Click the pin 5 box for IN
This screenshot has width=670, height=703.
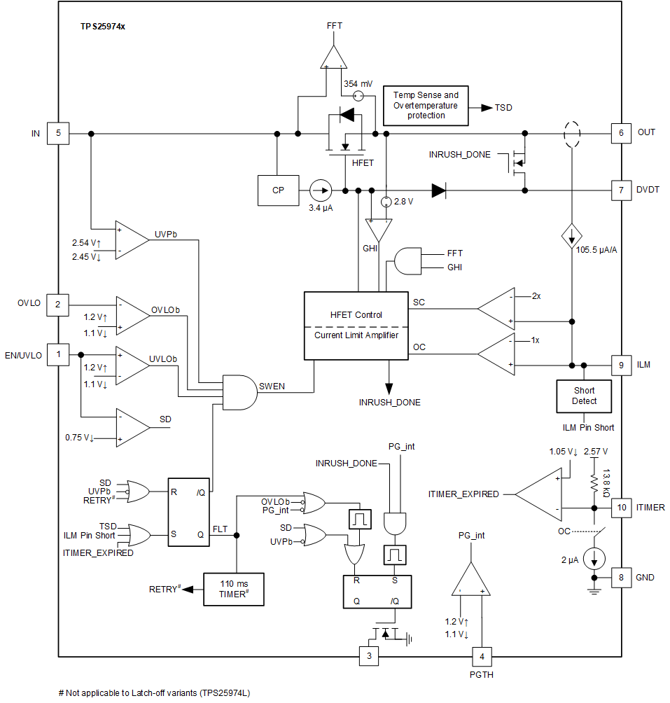[x=58, y=133]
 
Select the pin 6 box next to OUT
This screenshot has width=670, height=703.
[x=621, y=133]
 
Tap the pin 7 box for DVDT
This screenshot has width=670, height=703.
[x=621, y=190]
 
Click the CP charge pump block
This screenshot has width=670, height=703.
[x=278, y=190]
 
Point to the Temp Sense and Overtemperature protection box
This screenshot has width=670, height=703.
[x=426, y=105]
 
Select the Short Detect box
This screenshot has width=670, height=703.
[x=584, y=396]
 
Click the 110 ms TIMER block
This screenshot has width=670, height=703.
[x=233, y=589]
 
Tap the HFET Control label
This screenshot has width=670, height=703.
[x=356, y=314]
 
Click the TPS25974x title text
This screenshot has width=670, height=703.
[x=102, y=26]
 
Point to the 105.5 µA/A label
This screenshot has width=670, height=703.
[x=596, y=250]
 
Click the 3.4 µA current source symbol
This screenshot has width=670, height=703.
[x=321, y=190]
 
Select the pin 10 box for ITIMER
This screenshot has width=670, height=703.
[x=621, y=507]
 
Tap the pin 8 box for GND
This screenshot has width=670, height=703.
[x=621, y=578]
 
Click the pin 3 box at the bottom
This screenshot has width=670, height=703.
[x=369, y=656]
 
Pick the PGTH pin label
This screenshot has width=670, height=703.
[x=482, y=675]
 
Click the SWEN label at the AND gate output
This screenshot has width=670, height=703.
[x=272, y=387]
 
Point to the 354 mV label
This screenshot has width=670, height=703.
[x=358, y=83]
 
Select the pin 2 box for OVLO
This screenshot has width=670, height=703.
[x=58, y=304]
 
